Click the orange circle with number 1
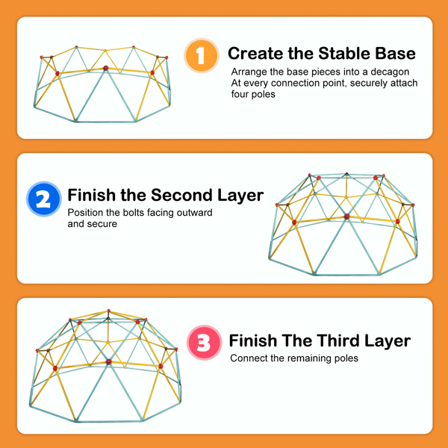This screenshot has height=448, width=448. pos(202,55)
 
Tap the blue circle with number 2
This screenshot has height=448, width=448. pos(44,199)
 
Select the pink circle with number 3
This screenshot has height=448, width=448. pos(205,342)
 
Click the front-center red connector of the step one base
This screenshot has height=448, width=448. pos(106,69)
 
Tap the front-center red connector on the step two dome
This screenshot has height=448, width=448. pos(347,217)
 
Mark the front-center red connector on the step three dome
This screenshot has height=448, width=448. pos(108,362)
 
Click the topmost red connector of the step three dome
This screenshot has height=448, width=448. pos(108,311)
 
